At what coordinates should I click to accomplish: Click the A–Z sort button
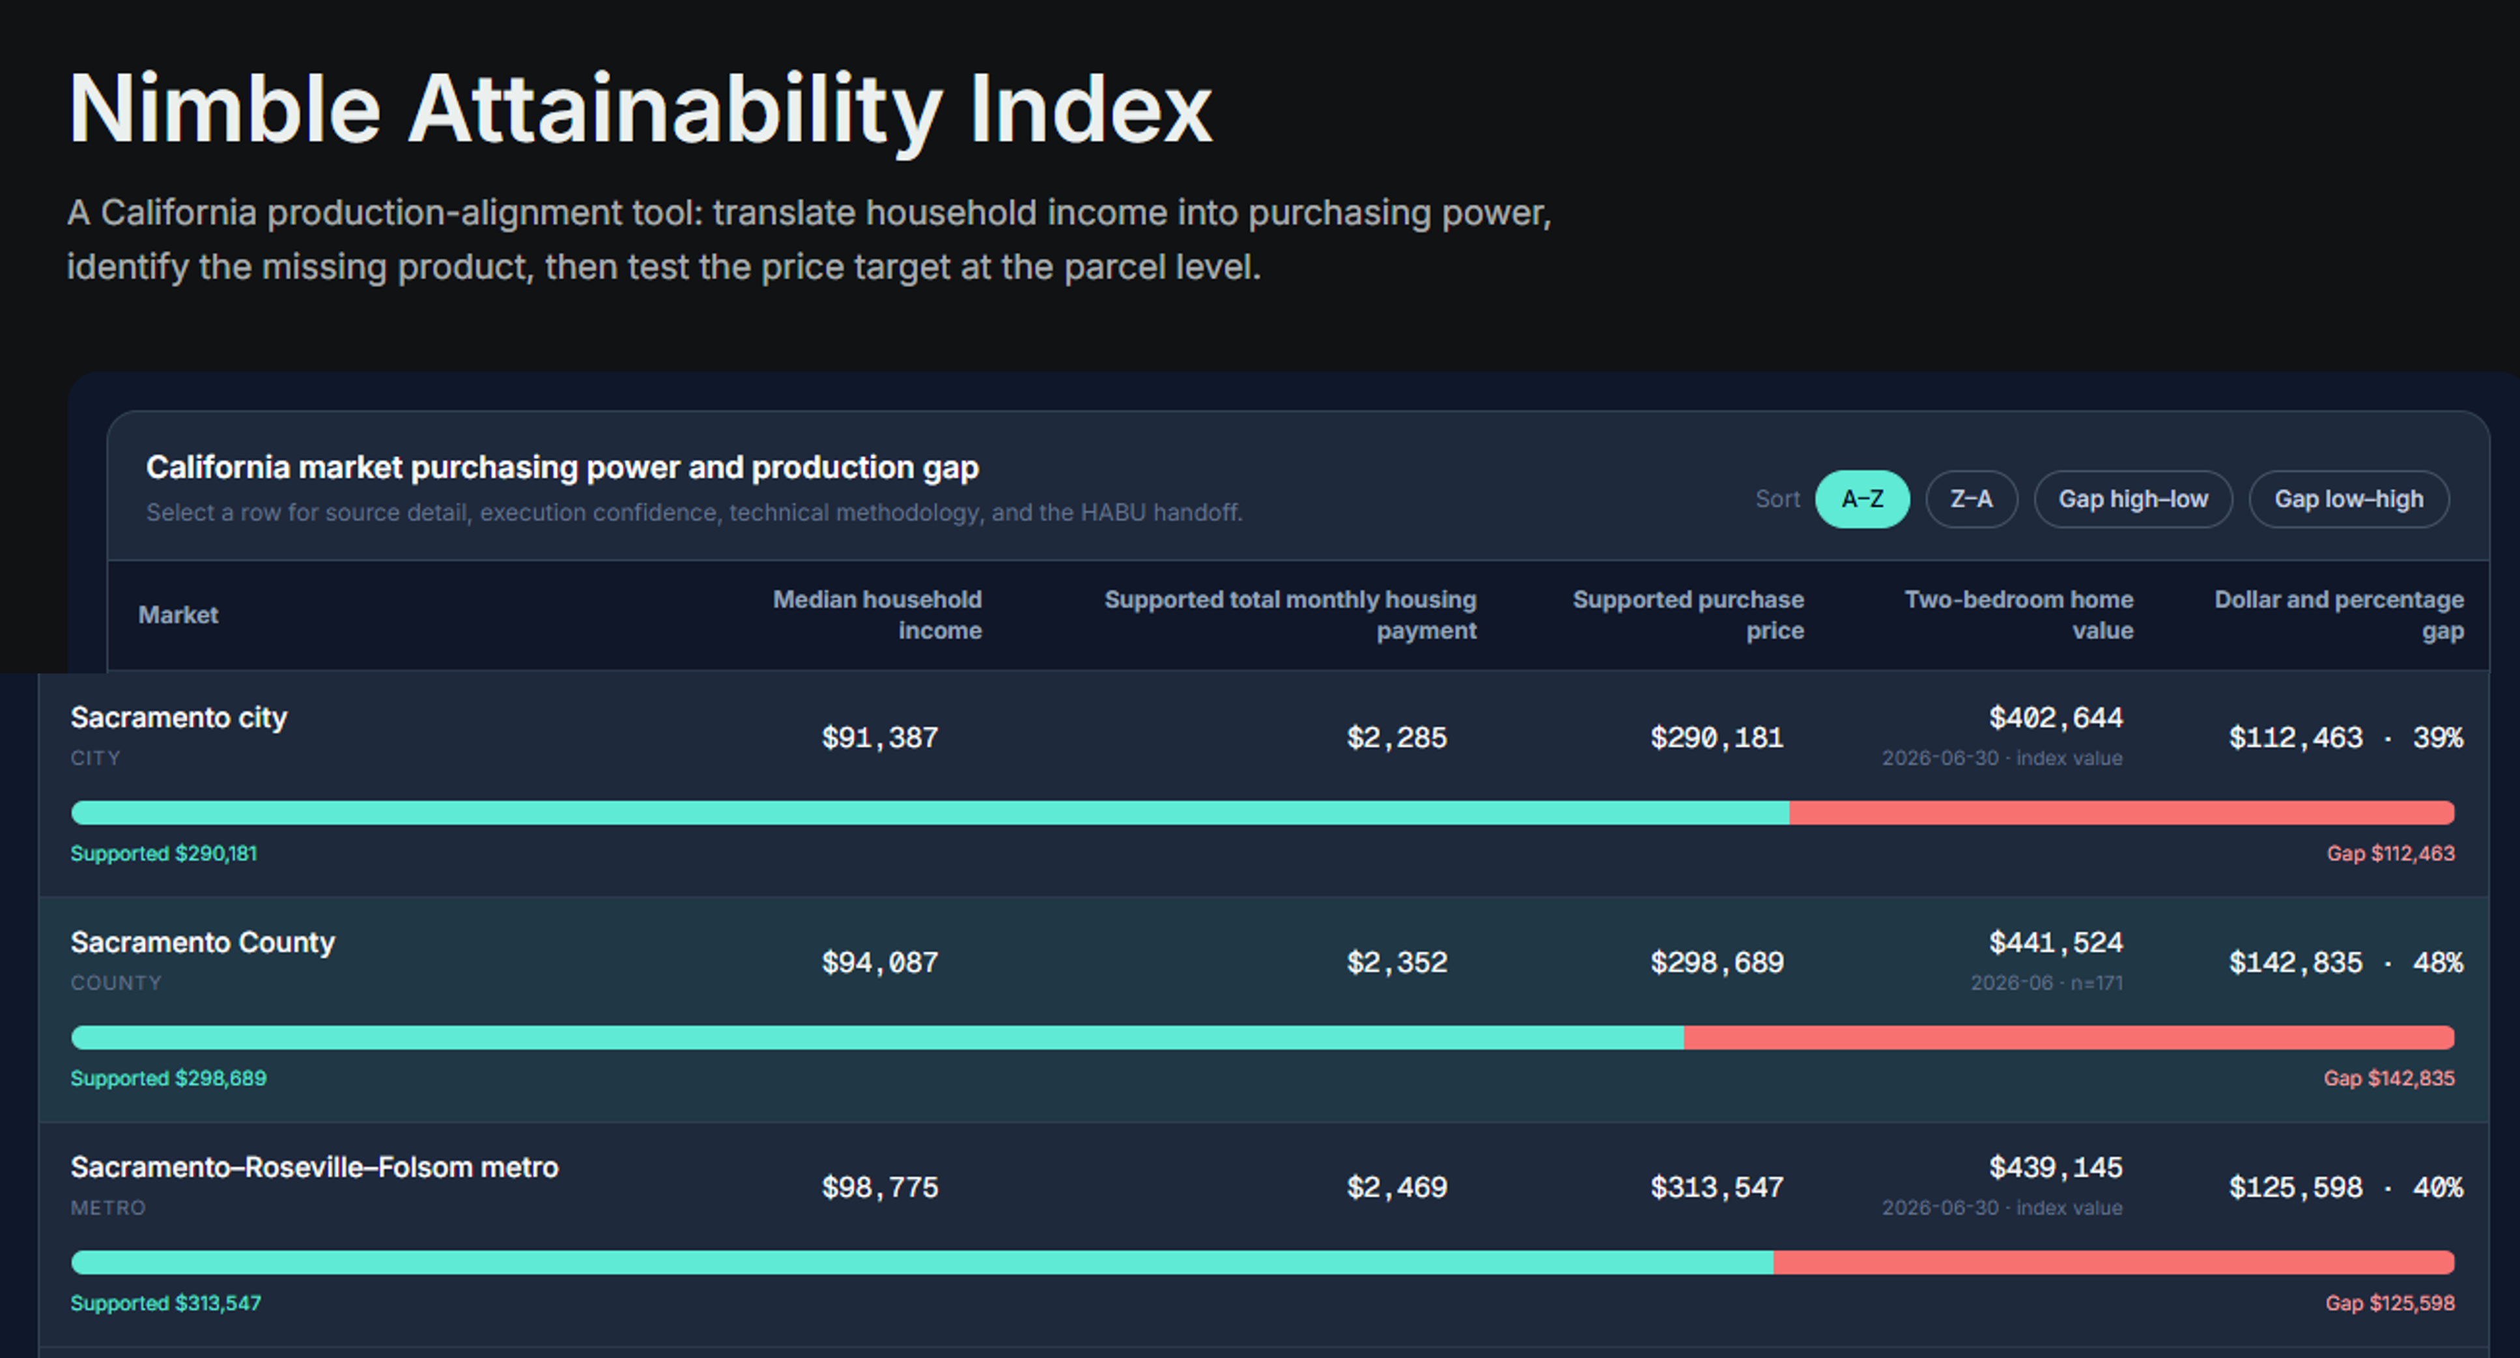pyautogui.click(x=1862, y=499)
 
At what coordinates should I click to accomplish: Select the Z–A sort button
pyautogui.click(x=1971, y=499)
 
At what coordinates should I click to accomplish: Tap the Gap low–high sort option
pyautogui.click(x=2349, y=499)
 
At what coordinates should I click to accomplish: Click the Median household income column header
pyautogui.click(x=877, y=614)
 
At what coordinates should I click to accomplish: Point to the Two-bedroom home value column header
pyautogui.click(x=2019, y=614)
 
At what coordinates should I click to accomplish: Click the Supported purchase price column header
pyautogui.click(x=1688, y=614)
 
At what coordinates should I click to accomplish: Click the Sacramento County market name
pyautogui.click(x=203, y=942)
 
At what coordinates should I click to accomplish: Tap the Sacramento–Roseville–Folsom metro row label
pyautogui.click(x=314, y=1167)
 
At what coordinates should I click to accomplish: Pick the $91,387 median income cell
pyautogui.click(x=879, y=738)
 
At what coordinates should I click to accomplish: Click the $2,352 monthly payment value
pyautogui.click(x=1397, y=963)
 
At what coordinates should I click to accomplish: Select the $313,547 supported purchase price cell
pyautogui.click(x=1717, y=1188)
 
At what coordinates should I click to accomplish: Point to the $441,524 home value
pyautogui.click(x=2056, y=943)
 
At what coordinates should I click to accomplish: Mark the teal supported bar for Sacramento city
pyautogui.click(x=930, y=812)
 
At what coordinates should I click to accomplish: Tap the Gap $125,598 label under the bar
pyautogui.click(x=2390, y=1303)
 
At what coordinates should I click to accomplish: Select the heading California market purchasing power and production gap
pyautogui.click(x=563, y=468)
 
